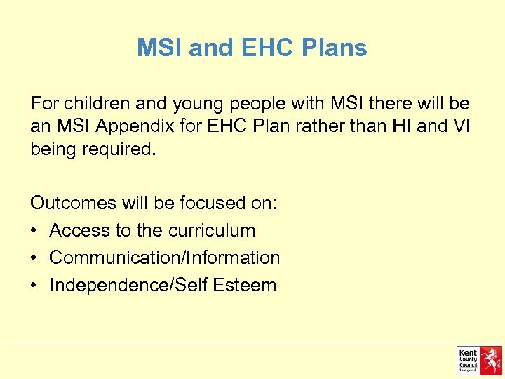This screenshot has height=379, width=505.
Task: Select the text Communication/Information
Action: click(x=165, y=258)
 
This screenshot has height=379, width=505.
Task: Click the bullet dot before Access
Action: click(x=35, y=231)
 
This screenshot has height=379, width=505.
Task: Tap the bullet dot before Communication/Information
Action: click(x=35, y=258)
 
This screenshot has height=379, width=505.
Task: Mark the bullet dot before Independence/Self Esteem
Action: click(x=35, y=286)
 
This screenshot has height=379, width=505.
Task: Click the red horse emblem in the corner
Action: click(x=490, y=360)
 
